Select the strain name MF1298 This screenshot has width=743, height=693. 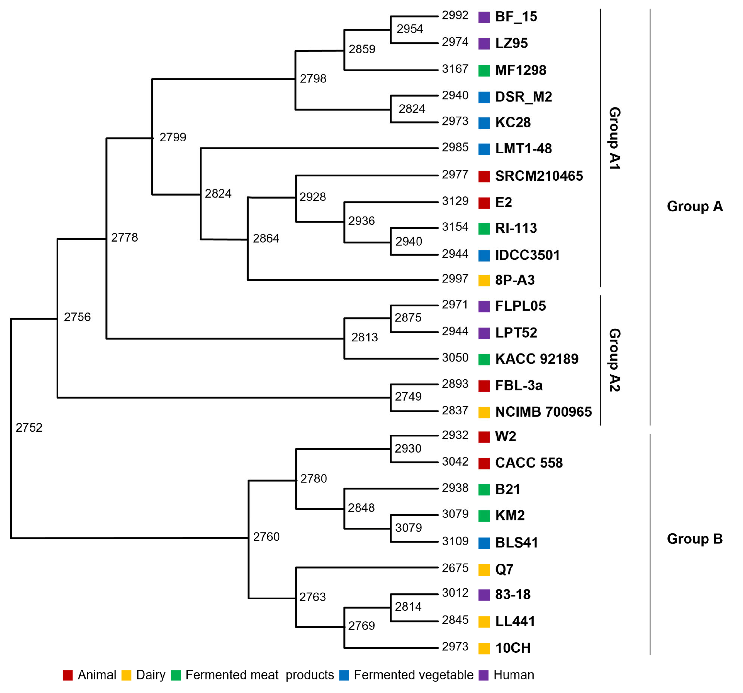(x=520, y=70)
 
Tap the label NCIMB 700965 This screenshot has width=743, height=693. (x=543, y=412)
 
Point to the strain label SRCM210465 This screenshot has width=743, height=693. (x=539, y=176)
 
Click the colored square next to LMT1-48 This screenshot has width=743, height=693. (x=484, y=149)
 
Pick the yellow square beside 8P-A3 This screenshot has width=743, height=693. (x=484, y=280)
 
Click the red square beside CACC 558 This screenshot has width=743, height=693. (x=484, y=463)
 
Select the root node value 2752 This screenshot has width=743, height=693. (x=29, y=428)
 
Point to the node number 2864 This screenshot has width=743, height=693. (x=266, y=238)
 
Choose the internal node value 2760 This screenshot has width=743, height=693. (x=266, y=537)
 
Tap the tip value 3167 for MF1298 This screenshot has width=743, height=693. (x=455, y=69)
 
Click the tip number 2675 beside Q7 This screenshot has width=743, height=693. (x=455, y=568)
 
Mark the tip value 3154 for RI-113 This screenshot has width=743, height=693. (x=455, y=227)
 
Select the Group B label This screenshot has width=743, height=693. (x=694, y=539)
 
